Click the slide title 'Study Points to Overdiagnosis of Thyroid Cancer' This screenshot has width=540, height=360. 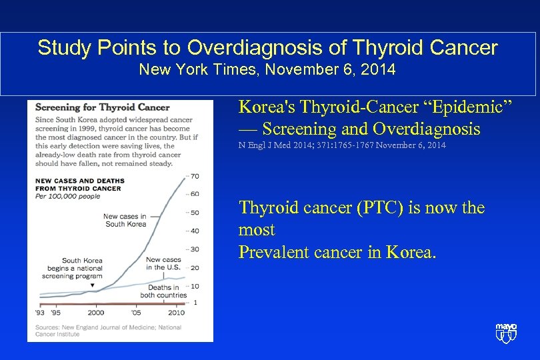tap(267, 48)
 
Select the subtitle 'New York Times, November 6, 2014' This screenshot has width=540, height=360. tap(267, 69)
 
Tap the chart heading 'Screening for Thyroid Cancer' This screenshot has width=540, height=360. tap(102, 107)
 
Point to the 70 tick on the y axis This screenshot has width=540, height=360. tap(195, 176)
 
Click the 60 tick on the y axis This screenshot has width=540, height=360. tap(195, 194)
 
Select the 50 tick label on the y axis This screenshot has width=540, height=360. tap(195, 213)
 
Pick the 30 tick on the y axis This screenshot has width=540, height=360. tap(195, 249)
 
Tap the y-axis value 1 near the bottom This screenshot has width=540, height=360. tap(195, 303)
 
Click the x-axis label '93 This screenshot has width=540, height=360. tap(39, 312)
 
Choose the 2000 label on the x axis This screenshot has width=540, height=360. tap(96, 312)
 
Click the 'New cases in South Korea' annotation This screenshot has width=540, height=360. tap(125, 220)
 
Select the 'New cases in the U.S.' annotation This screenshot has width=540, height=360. tap(163, 263)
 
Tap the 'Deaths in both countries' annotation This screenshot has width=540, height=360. tap(163, 291)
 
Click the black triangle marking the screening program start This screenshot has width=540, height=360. tap(93, 285)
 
